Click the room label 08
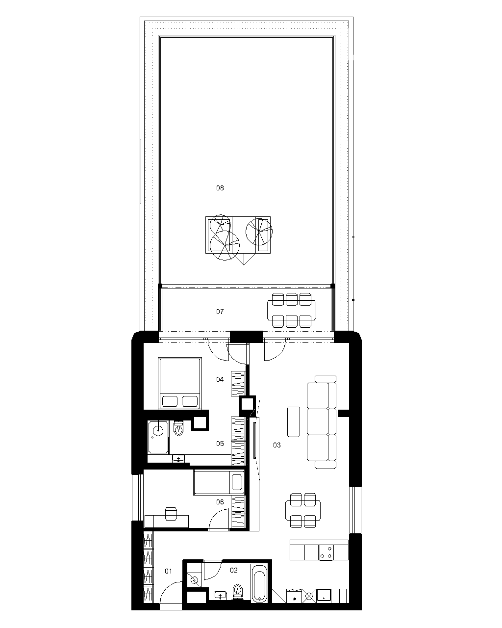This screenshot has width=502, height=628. tap(220, 188)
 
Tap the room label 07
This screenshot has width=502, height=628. tap(220, 312)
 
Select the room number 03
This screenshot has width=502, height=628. tap(277, 445)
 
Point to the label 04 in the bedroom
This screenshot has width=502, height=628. tap(220, 379)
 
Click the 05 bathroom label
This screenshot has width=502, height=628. tap(220, 444)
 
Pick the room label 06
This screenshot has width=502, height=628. tap(220, 502)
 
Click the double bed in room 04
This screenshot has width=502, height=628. tap(180, 383)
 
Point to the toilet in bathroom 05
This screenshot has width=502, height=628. tap(178, 428)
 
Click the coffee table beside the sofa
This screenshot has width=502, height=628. tap(294, 422)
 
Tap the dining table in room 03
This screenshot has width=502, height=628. tap(303, 511)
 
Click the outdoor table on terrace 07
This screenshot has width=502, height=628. tap(291, 310)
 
